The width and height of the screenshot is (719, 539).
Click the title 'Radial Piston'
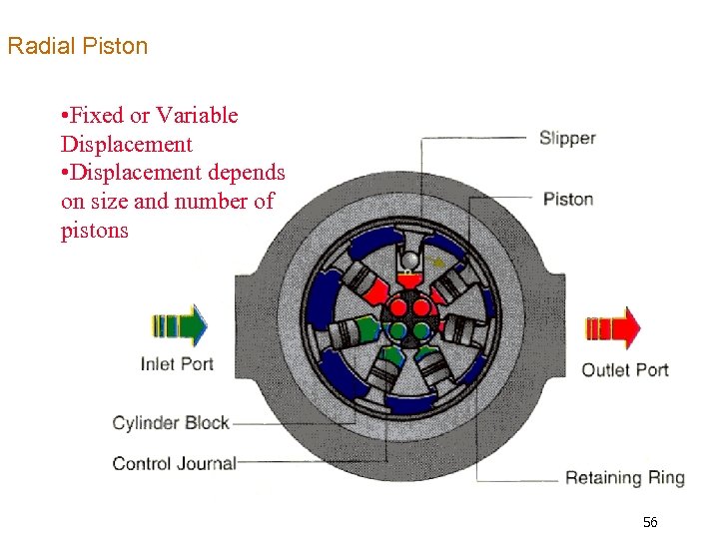tap(77, 46)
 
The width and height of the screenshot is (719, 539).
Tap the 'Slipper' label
tap(567, 139)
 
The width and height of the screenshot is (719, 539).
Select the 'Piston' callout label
tap(568, 199)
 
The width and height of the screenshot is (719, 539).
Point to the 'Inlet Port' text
tap(177, 364)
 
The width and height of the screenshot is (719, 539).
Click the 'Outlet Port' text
tap(625, 370)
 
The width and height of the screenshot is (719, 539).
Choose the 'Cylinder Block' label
tap(171, 423)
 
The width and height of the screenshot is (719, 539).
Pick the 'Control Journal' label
tap(174, 463)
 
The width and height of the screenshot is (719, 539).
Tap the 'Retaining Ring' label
tap(625, 478)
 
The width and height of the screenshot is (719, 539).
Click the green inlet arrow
tap(179, 325)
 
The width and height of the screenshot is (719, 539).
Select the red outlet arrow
tap(612, 327)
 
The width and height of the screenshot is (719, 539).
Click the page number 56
tap(650, 523)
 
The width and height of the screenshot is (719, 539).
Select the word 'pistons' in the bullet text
tap(94, 231)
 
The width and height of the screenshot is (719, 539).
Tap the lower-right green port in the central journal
tap(421, 329)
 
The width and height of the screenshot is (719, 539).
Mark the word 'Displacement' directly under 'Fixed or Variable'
tap(126, 144)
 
